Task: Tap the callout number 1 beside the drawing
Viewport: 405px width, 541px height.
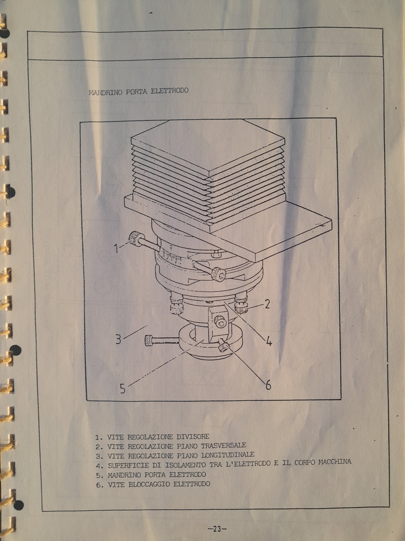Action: (x=116, y=248)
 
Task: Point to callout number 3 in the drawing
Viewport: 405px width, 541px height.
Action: (x=119, y=340)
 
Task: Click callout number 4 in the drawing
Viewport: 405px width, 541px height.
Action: (x=269, y=341)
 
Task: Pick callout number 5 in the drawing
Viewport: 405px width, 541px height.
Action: (x=123, y=389)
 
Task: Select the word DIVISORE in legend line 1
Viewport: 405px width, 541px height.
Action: (x=193, y=437)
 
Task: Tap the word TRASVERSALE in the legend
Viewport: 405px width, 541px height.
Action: (x=224, y=445)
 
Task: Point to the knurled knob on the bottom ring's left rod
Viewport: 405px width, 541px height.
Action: (x=149, y=341)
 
